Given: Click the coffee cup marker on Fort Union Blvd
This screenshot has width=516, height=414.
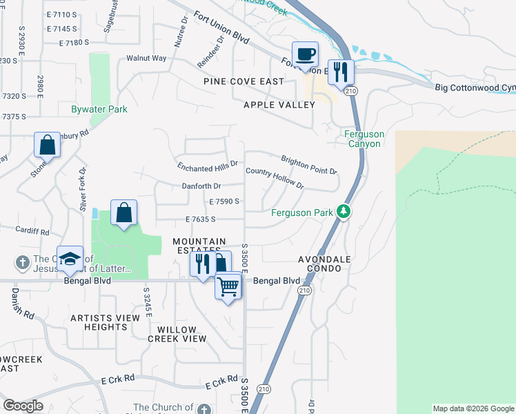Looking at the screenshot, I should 304,55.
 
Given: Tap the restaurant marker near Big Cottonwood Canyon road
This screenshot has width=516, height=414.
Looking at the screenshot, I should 341,72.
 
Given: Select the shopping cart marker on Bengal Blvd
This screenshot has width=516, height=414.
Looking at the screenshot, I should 228,286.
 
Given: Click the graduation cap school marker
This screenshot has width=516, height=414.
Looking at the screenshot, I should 70,259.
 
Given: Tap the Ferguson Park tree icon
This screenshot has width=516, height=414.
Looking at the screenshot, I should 344,212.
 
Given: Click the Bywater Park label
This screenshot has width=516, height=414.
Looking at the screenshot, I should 99,109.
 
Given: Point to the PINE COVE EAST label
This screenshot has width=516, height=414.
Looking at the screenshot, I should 244,81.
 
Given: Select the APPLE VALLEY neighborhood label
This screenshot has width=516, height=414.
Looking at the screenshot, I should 279,105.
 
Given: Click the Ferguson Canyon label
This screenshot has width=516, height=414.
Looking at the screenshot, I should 365,139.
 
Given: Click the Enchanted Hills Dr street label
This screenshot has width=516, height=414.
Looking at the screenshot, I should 207,166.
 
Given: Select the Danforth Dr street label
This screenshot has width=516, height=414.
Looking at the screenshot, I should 201,186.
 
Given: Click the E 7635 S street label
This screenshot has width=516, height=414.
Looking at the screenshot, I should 201,219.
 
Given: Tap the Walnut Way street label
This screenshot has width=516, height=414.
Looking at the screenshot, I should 146,59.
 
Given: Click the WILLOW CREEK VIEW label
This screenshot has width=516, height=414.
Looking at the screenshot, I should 177,334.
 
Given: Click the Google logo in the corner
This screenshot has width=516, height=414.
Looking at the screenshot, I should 23,406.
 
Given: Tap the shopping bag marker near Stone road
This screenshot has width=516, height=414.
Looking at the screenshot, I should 47,145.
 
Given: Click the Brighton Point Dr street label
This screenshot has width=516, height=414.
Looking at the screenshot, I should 308,165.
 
